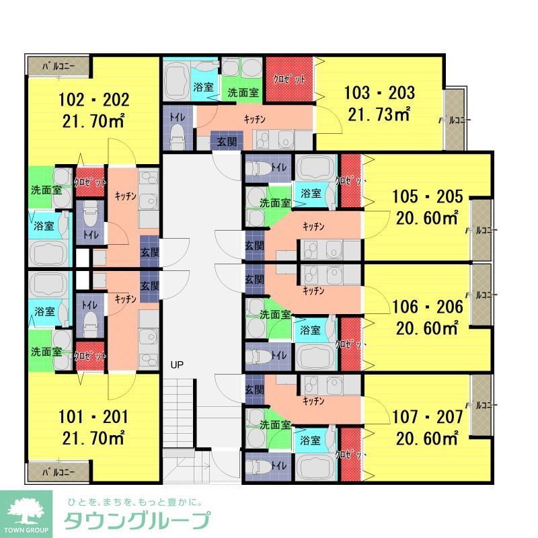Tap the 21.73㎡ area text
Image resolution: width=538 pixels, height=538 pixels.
379,114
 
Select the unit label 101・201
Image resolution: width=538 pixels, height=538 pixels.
93,417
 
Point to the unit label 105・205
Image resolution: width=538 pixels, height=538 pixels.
428,197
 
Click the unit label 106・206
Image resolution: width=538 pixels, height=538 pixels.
428,308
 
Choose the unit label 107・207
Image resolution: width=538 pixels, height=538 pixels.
428,417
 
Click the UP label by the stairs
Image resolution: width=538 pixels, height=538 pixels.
177,365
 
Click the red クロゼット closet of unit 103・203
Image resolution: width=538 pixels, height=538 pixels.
289,79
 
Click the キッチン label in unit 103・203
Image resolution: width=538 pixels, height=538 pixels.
255,119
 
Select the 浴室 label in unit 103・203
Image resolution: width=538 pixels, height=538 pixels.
204,87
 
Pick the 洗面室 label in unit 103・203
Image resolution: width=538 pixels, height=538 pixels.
243,93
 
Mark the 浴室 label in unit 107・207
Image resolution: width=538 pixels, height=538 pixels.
310,441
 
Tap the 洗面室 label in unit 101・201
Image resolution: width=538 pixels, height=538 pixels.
46,352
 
